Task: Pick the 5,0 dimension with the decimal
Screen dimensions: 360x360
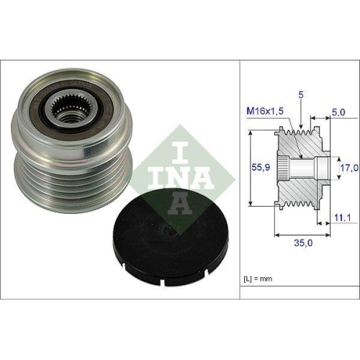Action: (x=340, y=112)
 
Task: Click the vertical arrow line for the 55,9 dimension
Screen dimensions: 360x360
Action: (x=248, y=167)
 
